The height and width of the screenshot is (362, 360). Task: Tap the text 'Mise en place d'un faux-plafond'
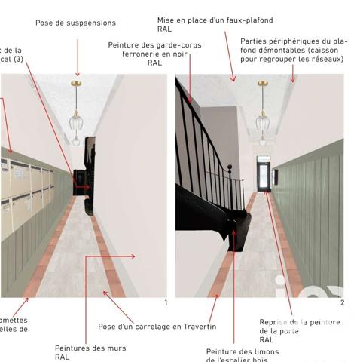tap(215, 20)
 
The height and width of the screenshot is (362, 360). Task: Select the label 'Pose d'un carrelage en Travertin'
tap(157, 327)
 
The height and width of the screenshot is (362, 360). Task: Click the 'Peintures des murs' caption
tap(90, 348)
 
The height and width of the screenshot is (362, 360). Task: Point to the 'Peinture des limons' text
tap(243, 351)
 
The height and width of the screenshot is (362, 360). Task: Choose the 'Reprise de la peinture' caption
tap(299, 322)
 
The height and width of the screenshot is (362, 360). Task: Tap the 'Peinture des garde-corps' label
tap(154, 45)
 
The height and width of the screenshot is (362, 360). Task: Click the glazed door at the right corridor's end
tap(262, 174)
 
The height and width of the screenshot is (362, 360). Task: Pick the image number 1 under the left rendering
tap(165, 302)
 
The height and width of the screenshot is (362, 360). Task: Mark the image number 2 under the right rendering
tap(342, 302)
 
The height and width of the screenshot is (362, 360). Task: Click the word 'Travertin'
tap(199, 327)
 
